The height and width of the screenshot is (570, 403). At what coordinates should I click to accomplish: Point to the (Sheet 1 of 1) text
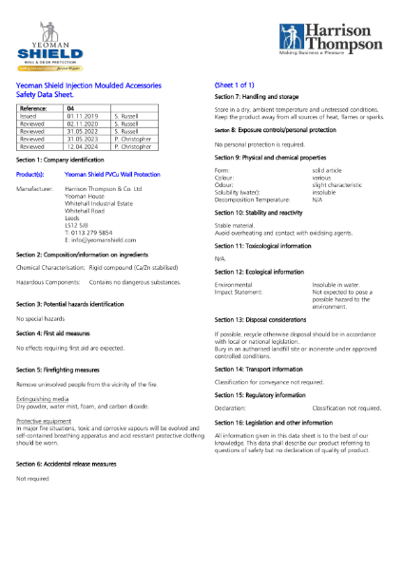237,85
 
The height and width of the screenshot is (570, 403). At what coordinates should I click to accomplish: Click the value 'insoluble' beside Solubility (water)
329,194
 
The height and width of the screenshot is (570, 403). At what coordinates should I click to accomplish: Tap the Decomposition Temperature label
255,200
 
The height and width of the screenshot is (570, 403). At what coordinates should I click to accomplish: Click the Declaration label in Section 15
233,406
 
